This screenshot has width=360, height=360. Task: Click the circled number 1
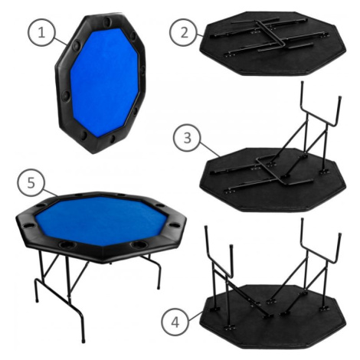pyautogui.click(x=41, y=33)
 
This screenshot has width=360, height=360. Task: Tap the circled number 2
pyautogui.click(x=184, y=32)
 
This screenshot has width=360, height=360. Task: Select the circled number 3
pyautogui.click(x=187, y=138)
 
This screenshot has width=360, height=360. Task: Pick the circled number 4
pyautogui.click(x=175, y=322)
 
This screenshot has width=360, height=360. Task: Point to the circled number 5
pyautogui.click(x=31, y=183)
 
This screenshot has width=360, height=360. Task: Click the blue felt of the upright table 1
pyautogui.click(x=104, y=81)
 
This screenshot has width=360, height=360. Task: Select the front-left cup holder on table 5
pyautogui.click(x=67, y=245)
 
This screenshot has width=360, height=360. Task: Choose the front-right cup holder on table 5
pyautogui.click(x=139, y=244)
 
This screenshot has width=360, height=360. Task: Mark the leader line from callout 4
pyautogui.click(x=195, y=315)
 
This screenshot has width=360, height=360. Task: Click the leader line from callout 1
pyautogui.click(x=61, y=41)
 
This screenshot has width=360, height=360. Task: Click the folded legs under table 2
pyautogui.click(x=268, y=35)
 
